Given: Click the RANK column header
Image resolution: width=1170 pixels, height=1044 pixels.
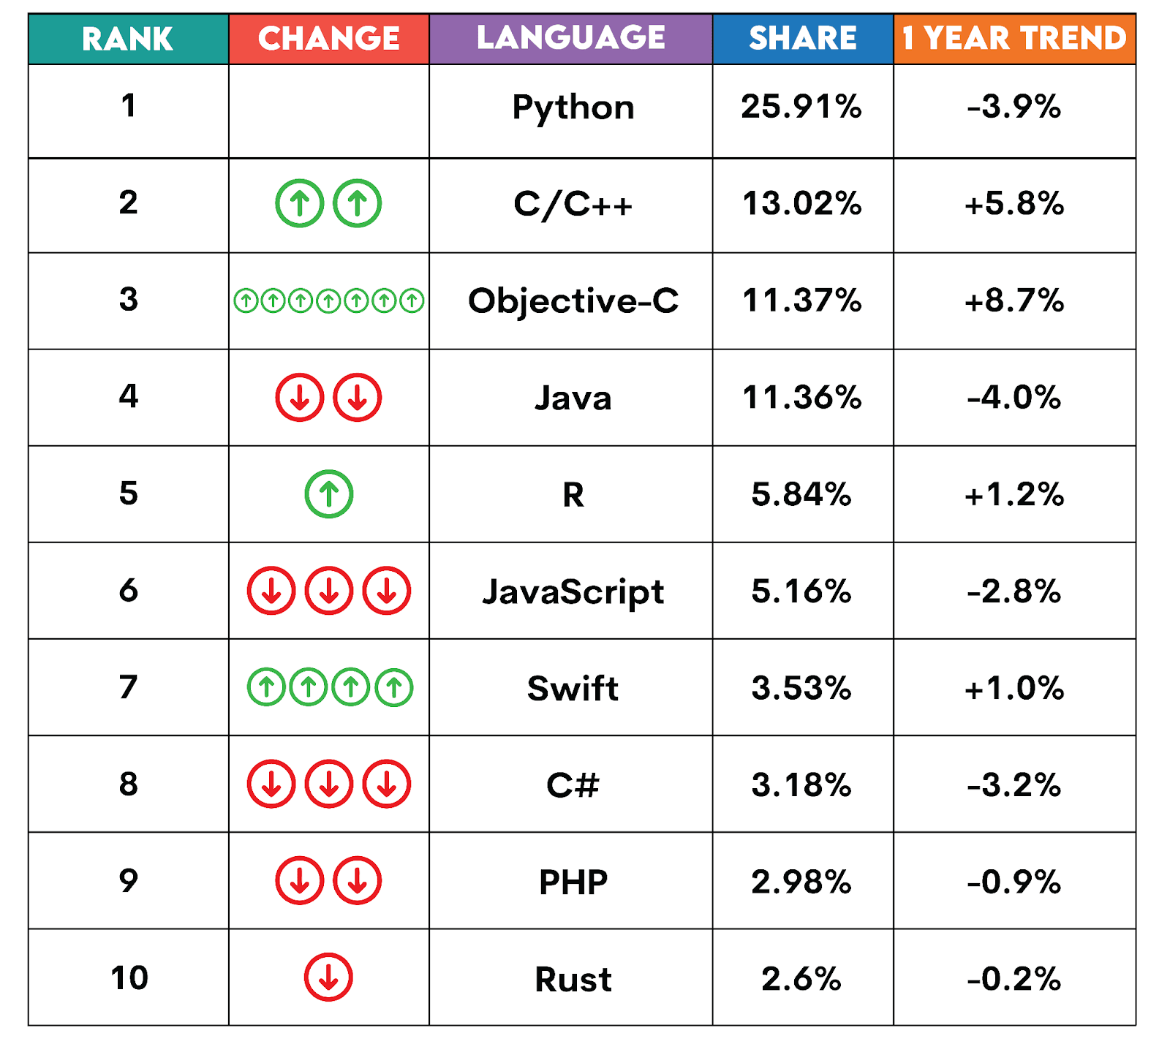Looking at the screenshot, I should pos(128,39).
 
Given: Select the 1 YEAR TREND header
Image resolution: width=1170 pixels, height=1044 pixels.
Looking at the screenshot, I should pos(1014,39).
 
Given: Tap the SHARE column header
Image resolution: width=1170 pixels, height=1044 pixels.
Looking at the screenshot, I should pos(802,39).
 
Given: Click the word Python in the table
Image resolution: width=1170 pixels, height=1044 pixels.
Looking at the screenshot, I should pos(573,107).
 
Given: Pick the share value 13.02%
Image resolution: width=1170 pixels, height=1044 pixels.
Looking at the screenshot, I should pos(801,203).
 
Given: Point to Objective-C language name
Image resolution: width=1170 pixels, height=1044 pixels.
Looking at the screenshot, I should pos(573,300).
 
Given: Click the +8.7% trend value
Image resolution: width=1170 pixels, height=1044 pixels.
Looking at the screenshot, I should pos(1014,300).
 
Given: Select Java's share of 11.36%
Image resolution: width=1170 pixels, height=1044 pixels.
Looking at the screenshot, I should pos(801,398).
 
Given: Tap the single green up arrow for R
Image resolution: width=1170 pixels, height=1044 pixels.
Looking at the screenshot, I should pos(328,494).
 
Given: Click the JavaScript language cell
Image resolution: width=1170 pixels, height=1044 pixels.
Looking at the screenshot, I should pos(573,591).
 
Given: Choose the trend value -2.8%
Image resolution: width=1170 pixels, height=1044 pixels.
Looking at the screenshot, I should pos(1014,591).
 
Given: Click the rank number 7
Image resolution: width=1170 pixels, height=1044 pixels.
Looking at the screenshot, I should pos(128,687).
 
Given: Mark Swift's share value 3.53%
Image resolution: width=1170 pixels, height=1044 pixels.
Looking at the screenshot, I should pos(801,688).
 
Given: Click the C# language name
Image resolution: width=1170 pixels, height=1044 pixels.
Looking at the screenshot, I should pos(573,785).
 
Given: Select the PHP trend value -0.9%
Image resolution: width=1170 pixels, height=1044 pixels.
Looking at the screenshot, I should pos(1014,882).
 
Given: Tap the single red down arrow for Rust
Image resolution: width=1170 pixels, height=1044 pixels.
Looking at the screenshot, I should pos(328,977).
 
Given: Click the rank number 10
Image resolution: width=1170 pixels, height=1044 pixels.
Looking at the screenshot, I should pos(129,978).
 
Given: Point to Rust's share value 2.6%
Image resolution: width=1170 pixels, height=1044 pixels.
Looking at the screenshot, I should pos(801,979).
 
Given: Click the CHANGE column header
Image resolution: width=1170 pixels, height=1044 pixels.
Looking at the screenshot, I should pos(328,39).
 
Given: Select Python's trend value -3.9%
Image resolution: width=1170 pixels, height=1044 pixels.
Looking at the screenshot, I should pos(1014,107).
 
